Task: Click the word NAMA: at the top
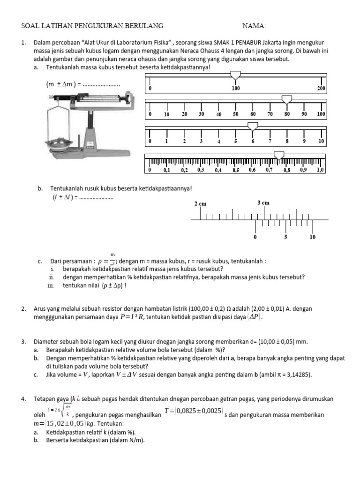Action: click(x=254, y=25)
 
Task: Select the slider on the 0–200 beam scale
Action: click(x=235, y=75)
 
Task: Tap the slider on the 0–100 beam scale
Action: click(x=286, y=99)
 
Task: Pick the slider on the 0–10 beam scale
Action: click(x=253, y=126)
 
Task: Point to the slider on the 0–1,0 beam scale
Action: click(x=279, y=155)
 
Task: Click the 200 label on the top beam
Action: click(x=321, y=88)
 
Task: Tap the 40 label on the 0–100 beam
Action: click(x=218, y=114)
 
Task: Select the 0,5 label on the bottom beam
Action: click(x=236, y=171)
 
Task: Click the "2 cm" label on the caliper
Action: click(x=200, y=204)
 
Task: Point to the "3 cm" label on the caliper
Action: click(x=263, y=203)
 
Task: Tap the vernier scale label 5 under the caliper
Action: click(x=285, y=237)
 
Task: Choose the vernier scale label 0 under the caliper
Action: click(x=255, y=237)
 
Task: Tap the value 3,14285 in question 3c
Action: click(x=295, y=375)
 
